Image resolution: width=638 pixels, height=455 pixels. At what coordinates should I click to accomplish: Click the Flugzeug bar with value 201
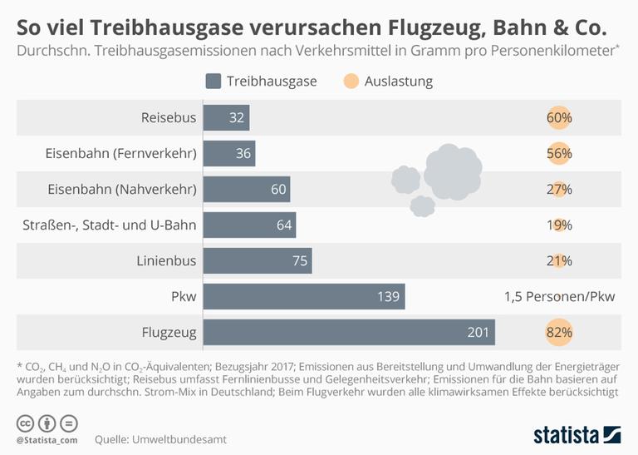(349, 333)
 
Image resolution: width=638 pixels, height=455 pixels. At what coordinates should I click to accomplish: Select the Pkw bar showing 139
(304, 297)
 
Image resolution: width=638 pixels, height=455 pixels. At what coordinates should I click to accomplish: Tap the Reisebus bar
(226, 118)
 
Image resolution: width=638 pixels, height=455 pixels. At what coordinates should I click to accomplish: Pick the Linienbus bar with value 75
(258, 261)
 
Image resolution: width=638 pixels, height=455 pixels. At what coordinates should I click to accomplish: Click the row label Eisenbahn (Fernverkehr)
(120, 154)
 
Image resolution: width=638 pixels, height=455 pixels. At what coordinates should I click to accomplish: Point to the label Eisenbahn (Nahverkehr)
(122, 190)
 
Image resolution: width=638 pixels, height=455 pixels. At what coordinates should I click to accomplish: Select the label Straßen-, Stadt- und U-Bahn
(107, 225)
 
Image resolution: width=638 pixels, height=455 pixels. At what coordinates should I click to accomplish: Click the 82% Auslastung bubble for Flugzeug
(559, 333)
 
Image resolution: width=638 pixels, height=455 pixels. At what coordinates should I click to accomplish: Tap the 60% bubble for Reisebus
(559, 118)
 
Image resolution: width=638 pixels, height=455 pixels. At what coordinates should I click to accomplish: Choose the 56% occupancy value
(559, 154)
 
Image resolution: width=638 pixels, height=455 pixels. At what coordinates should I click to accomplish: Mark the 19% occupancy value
(559, 225)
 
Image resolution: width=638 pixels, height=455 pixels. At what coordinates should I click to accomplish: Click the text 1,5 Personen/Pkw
(559, 297)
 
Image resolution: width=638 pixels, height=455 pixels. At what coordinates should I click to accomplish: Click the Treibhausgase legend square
(213, 82)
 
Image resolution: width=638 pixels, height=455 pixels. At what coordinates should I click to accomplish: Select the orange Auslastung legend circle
(350, 82)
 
